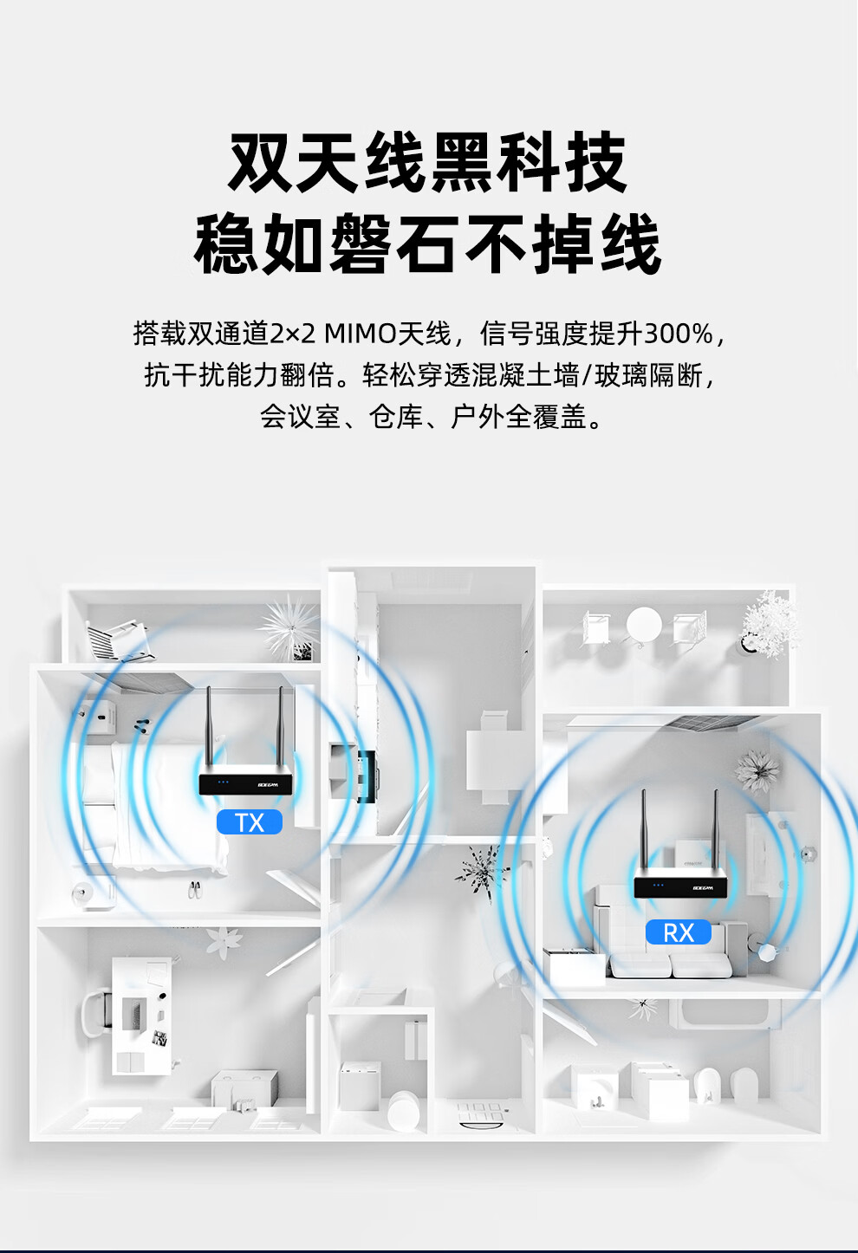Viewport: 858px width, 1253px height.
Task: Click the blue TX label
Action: pos(250,822)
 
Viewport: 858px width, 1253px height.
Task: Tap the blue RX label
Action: pos(679,932)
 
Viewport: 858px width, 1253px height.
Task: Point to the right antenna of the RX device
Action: pos(715,832)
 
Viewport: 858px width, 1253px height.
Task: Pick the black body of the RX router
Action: pos(680,886)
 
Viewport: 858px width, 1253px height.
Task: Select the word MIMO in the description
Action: pos(360,334)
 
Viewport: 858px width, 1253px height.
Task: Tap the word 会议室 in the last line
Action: pos(301,417)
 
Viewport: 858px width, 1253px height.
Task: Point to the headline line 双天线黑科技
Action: pos(427,163)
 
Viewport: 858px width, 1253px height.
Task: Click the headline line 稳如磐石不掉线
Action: pos(427,245)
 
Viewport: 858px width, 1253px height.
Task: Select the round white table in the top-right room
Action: pos(644,624)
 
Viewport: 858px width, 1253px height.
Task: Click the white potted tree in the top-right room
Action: pos(770,622)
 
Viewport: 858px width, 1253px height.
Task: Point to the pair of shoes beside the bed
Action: pos(195,889)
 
